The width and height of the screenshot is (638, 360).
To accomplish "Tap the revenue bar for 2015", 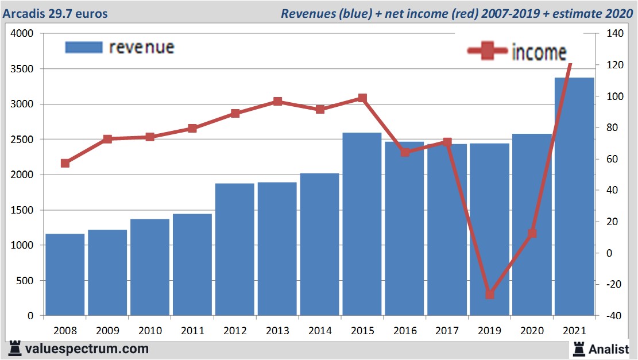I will tap(362, 224).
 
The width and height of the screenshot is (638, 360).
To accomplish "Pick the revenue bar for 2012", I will tap(235, 249).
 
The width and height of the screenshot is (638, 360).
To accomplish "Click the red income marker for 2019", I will tap(489, 295).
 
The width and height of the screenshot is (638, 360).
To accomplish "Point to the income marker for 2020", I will tap(532, 233).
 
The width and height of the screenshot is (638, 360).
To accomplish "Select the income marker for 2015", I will tap(362, 98).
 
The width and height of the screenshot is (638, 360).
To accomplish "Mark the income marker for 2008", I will tap(65, 163).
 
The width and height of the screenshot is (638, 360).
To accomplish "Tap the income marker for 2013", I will tap(277, 102).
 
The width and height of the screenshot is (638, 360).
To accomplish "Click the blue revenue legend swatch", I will tap(83, 47).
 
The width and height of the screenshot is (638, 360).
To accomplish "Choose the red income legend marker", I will tap(488, 51).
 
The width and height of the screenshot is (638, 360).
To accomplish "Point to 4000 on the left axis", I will tap(22, 34).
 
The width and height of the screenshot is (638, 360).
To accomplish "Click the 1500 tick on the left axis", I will tap(22, 210).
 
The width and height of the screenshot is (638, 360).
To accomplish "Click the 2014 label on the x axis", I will tap(320, 331).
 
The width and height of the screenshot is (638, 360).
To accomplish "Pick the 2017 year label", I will tap(447, 331).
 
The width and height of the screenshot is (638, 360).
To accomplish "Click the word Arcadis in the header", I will tap(24, 13).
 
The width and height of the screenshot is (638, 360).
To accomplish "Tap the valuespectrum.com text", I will tap(87, 349).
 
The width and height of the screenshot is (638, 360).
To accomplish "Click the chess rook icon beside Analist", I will tap(578, 348).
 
